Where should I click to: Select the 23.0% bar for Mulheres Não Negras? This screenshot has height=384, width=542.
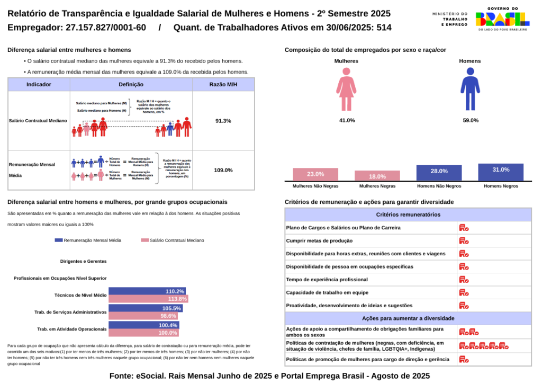[315, 174]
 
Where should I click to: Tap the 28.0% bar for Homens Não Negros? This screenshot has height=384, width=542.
[439, 173]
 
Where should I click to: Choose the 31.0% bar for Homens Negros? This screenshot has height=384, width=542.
[500, 172]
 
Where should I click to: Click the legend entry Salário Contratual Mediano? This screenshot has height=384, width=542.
[173, 240]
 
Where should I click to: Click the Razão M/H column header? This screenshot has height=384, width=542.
[223, 84]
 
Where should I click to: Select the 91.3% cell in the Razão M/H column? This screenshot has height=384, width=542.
[223, 121]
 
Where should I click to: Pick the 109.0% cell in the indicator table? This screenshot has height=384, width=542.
[223, 170]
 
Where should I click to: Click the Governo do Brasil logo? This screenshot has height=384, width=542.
[502, 20]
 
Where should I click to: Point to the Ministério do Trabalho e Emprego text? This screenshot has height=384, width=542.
[450, 20]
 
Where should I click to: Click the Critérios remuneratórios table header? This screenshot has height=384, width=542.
[408, 215]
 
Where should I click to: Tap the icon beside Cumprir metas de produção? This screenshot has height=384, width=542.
[464, 241]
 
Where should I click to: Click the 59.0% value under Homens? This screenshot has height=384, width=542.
[470, 121]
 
